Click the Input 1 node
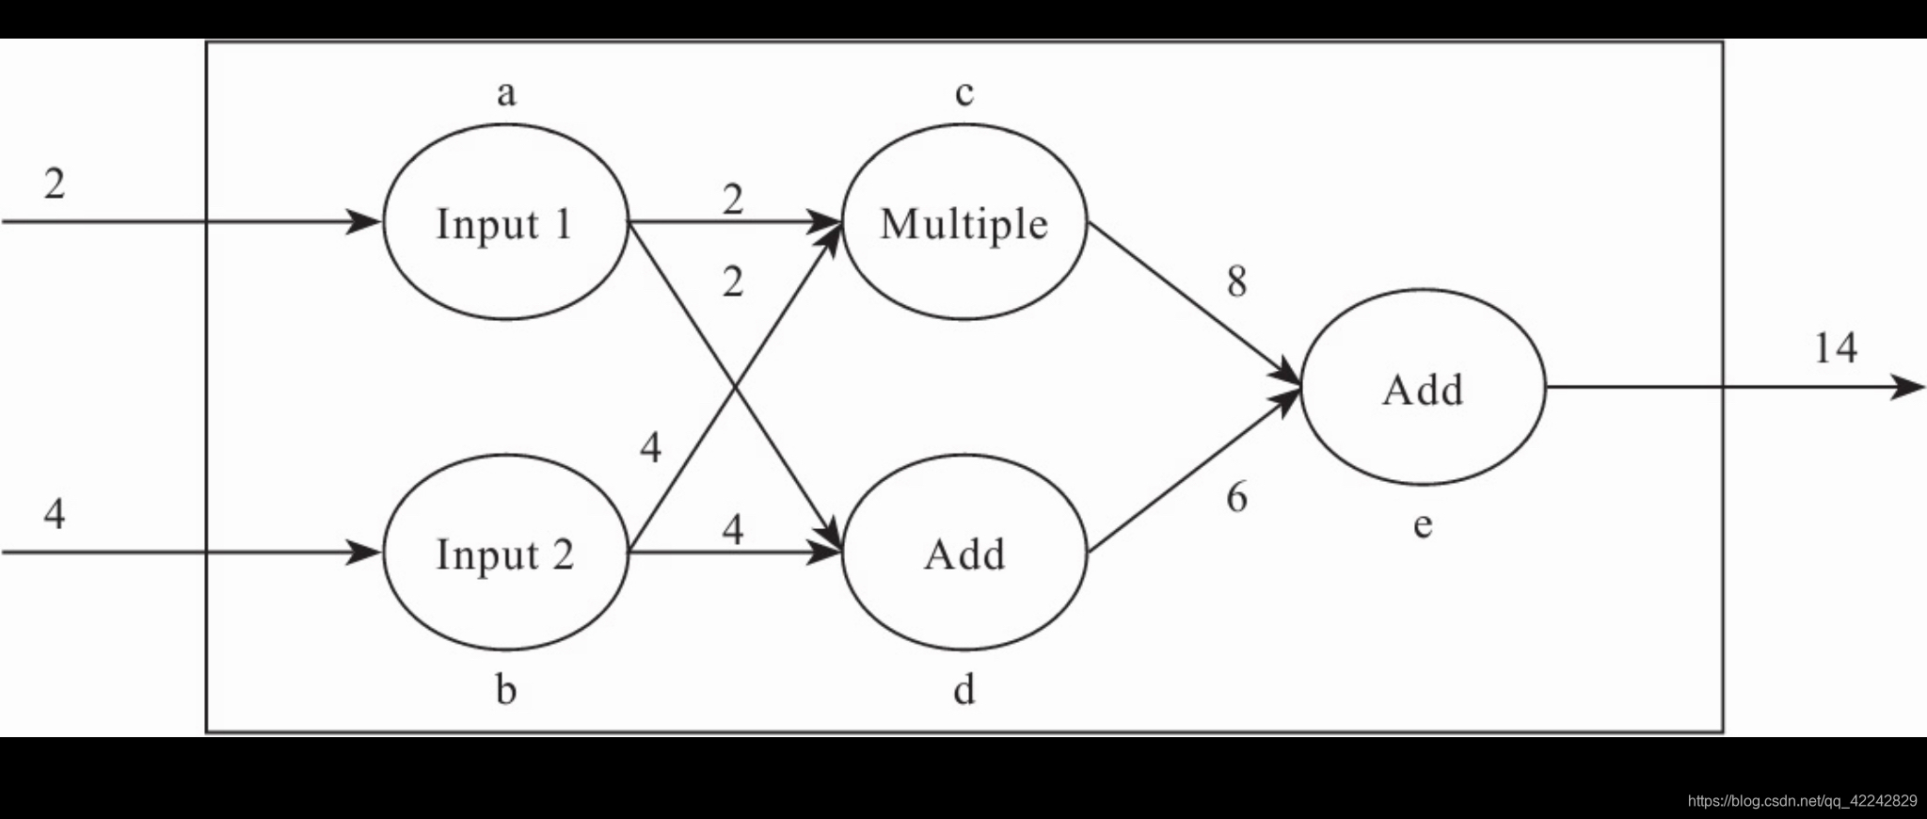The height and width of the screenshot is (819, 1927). pyautogui.click(x=505, y=223)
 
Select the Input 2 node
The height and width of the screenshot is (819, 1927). pyautogui.click(x=505, y=554)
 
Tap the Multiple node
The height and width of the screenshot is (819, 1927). pyautogui.click(x=964, y=223)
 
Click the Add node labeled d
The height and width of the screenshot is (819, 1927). pyautogui.click(x=964, y=554)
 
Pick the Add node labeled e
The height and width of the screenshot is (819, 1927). pyautogui.click(x=1423, y=388)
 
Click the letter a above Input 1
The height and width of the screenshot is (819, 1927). pyautogui.click(x=506, y=93)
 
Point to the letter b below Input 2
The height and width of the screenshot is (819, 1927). pyautogui.click(x=506, y=690)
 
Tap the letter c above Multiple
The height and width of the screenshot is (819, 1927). pyautogui.click(x=964, y=93)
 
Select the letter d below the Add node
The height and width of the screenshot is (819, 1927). pyautogui.click(x=964, y=690)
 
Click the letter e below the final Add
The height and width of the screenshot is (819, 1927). pyautogui.click(x=1423, y=524)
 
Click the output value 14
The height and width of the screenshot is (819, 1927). pyautogui.click(x=1835, y=348)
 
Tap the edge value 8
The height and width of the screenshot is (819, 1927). pyautogui.click(x=1237, y=281)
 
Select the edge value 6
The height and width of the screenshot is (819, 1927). pyautogui.click(x=1237, y=497)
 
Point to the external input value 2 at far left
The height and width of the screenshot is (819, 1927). pyautogui.click(x=55, y=184)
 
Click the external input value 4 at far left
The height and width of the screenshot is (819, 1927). pyautogui.click(x=55, y=514)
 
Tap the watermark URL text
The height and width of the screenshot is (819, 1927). pyautogui.click(x=1802, y=801)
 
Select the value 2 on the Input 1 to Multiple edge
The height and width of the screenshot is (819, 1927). pyautogui.click(x=733, y=200)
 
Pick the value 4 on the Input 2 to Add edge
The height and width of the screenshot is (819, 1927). pyautogui.click(x=733, y=529)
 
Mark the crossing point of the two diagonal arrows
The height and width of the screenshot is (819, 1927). pyautogui.click(x=734, y=388)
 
